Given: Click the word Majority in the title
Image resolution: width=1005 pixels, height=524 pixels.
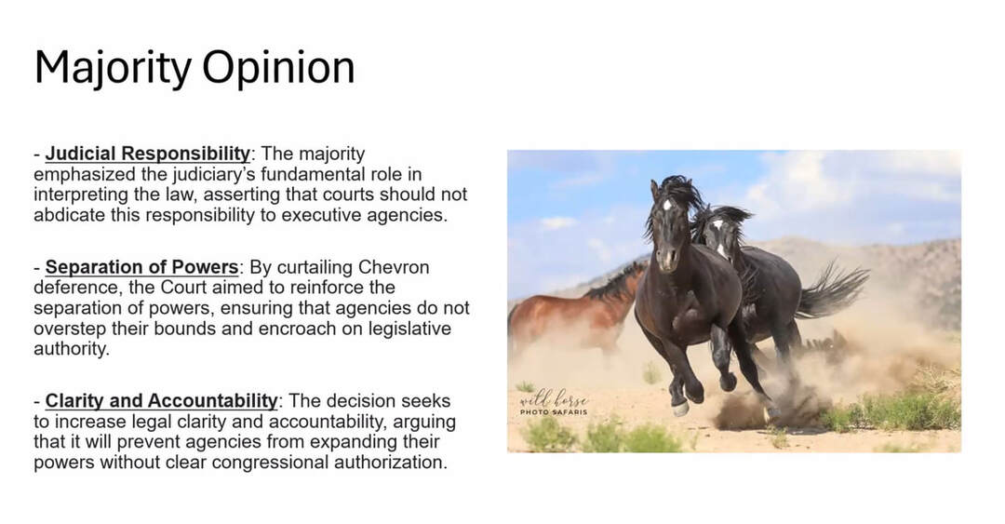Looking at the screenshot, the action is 113,68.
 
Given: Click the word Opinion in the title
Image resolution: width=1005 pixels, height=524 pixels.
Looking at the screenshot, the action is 278,68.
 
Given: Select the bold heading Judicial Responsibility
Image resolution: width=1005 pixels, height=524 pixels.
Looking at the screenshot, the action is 147,154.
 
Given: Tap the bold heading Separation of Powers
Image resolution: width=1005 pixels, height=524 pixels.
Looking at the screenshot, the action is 141,267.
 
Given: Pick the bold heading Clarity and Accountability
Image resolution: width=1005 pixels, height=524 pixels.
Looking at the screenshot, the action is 162,401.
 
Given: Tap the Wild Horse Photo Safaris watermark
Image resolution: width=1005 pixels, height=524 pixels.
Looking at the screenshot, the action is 553,403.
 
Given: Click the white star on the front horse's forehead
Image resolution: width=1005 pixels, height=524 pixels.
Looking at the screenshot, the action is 667,205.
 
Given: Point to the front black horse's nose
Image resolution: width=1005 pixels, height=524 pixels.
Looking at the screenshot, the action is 667,261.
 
